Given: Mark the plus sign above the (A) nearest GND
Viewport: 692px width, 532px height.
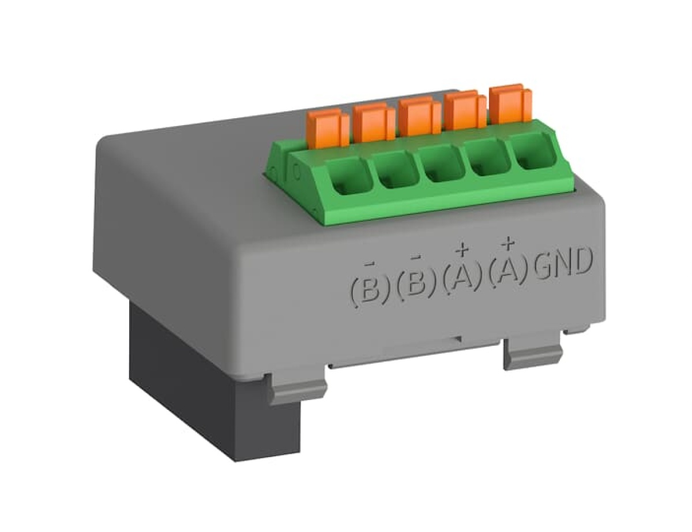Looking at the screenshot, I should (507, 244).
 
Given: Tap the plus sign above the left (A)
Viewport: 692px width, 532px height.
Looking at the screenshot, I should (461, 250).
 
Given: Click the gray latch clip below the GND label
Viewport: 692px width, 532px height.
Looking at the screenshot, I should (532, 353).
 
